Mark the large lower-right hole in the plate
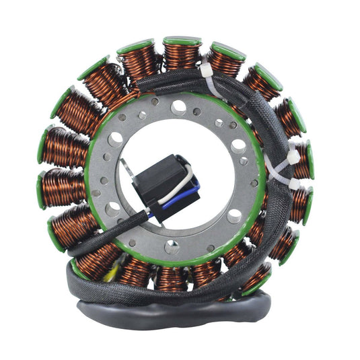pyautogui.click(x=235, y=215)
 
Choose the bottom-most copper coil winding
pyautogui.click(x=171, y=277)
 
